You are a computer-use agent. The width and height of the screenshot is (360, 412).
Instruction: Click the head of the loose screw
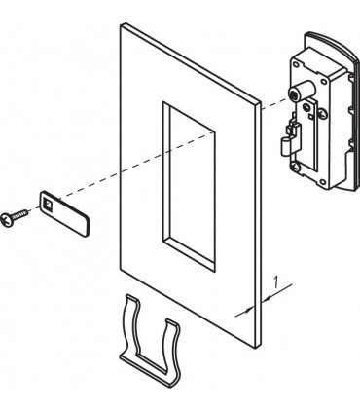point(6,220)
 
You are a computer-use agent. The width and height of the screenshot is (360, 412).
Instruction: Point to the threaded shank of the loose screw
point(18,214)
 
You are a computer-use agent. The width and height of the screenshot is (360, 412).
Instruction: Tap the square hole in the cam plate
point(48,205)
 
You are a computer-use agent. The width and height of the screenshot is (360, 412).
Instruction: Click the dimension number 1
point(275,281)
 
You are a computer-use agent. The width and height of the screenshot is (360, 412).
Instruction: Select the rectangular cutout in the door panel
point(189,186)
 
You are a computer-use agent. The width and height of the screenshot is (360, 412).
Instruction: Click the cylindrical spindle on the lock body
point(303,91)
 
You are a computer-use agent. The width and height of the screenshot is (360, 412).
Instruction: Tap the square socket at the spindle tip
point(293,95)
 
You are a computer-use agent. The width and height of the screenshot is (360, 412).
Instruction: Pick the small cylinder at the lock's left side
point(286,145)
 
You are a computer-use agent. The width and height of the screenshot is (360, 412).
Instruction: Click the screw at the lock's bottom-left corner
point(296,167)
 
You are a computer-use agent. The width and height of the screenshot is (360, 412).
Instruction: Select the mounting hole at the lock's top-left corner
point(296,64)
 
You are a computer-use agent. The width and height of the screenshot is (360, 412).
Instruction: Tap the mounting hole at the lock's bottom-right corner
point(324,182)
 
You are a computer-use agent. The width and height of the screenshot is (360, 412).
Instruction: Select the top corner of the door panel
point(121,23)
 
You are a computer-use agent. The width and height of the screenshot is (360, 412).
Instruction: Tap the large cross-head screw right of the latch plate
point(322,113)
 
